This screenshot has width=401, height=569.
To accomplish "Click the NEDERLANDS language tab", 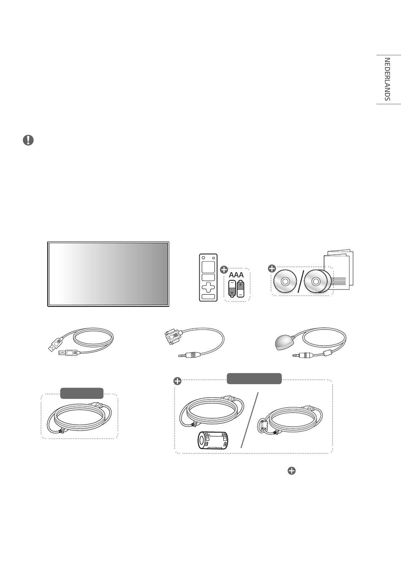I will (387, 79).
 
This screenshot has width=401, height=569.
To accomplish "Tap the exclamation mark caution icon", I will (28, 141).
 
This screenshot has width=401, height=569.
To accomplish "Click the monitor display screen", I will (108, 274).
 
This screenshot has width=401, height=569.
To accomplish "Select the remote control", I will (208, 277).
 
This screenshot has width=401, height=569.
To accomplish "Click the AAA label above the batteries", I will (236, 275).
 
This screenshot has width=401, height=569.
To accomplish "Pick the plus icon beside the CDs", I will (272, 268).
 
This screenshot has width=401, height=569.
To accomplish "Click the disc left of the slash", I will (285, 282).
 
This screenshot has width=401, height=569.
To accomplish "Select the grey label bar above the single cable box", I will (82, 393).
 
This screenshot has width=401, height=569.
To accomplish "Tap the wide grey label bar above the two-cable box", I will (254, 379).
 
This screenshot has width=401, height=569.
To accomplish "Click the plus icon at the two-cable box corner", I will (178, 381).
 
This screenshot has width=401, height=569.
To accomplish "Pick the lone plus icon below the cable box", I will (292, 471).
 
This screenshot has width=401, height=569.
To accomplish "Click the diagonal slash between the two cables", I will (250, 419).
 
